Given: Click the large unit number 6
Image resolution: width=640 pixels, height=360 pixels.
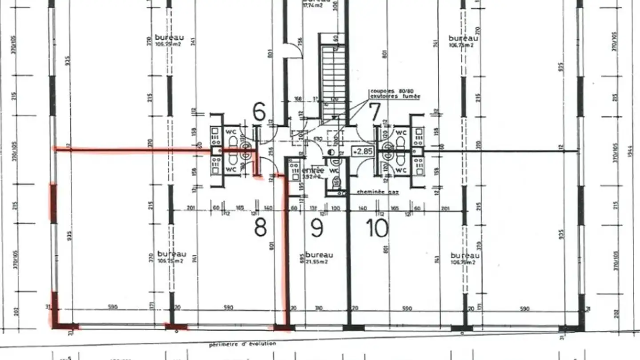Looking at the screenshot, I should click(x=259, y=111).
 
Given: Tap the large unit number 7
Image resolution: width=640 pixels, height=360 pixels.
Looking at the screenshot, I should click(x=376, y=111).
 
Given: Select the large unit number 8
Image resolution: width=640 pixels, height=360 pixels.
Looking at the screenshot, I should click(x=260, y=228).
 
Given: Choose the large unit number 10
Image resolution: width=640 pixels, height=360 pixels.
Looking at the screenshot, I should click(x=377, y=228).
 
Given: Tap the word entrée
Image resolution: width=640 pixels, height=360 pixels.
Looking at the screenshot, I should click(x=313, y=171).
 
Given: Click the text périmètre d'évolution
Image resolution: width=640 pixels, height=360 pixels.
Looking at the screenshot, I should click(x=243, y=344).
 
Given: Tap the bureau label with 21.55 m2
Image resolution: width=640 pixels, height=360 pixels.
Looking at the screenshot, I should click(x=319, y=255).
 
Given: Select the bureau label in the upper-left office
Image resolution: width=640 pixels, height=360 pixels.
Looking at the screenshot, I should click(x=169, y=38).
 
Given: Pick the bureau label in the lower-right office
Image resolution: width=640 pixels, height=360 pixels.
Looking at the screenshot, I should click(x=465, y=256).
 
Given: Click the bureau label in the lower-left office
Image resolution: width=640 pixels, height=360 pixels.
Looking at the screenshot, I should click(x=172, y=254).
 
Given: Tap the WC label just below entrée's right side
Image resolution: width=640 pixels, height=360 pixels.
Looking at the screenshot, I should click(x=335, y=170).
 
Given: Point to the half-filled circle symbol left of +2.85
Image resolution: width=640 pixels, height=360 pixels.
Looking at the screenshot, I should click(x=332, y=152).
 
